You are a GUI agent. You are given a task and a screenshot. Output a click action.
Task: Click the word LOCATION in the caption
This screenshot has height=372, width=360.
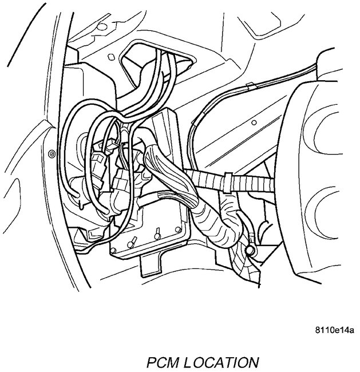(224, 362)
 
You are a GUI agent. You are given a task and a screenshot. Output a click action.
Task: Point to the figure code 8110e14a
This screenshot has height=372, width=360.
(334, 330)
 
